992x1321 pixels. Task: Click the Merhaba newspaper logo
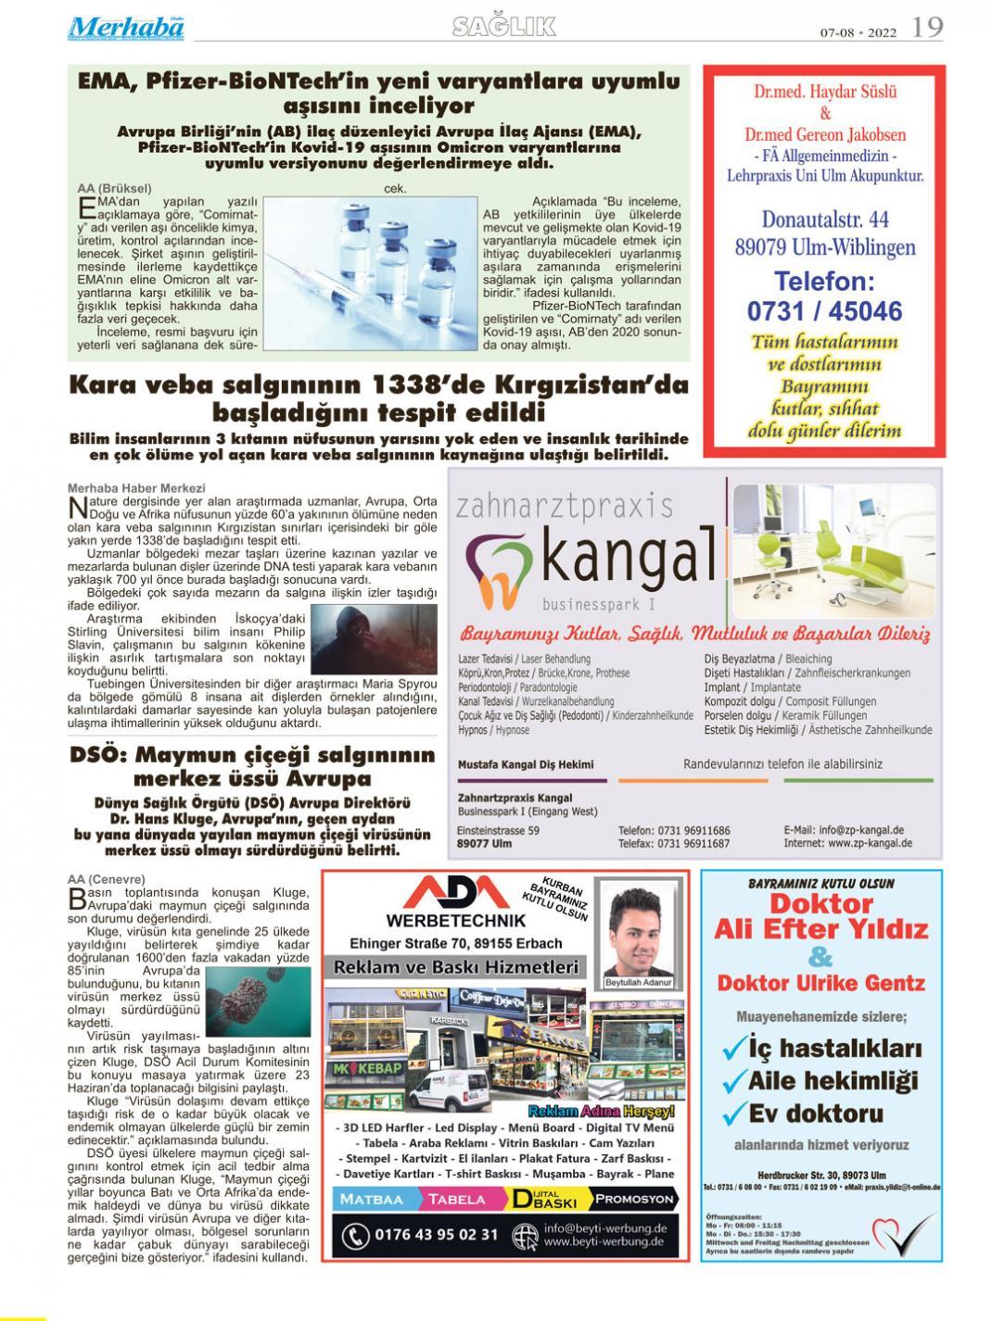point(125,28)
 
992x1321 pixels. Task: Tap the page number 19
point(927,28)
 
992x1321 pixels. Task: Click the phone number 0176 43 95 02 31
point(436,1235)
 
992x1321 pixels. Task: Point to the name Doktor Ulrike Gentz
point(820,984)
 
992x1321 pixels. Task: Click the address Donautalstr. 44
point(825,220)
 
